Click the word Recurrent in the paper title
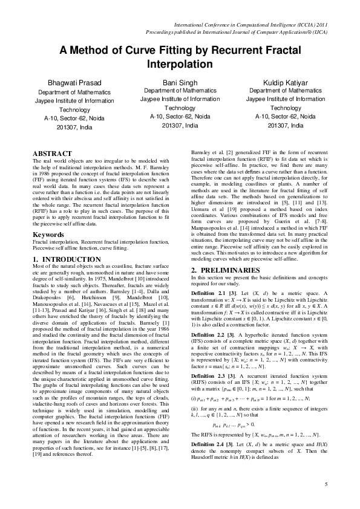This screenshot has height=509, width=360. pos(235,52)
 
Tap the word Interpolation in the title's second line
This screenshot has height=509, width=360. pos(180,63)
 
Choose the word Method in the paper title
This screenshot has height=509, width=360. pos(87,52)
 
